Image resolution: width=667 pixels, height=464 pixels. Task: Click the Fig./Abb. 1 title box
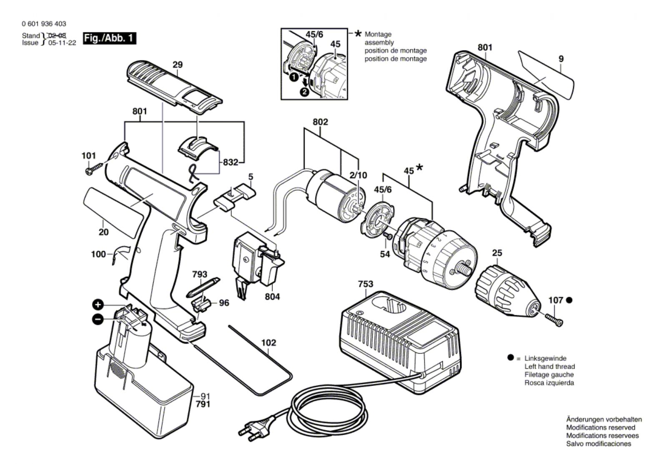coord(110,38)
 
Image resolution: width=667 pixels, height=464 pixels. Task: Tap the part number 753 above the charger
coord(366,284)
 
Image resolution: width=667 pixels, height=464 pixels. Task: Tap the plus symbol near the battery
coord(98,304)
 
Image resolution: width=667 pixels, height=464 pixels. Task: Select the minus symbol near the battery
coord(98,319)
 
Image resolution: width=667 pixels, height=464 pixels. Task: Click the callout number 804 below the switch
coord(272,297)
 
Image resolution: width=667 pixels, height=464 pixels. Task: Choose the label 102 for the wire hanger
coord(268,343)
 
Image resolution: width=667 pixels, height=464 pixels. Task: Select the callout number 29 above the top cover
coord(178,65)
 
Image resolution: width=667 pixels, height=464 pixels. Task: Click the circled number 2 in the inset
coord(305,92)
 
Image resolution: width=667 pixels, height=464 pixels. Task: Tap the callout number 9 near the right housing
coord(561,59)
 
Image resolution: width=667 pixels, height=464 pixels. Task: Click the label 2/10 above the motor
coord(358,175)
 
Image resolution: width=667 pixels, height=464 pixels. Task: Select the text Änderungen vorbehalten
coord(604,419)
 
